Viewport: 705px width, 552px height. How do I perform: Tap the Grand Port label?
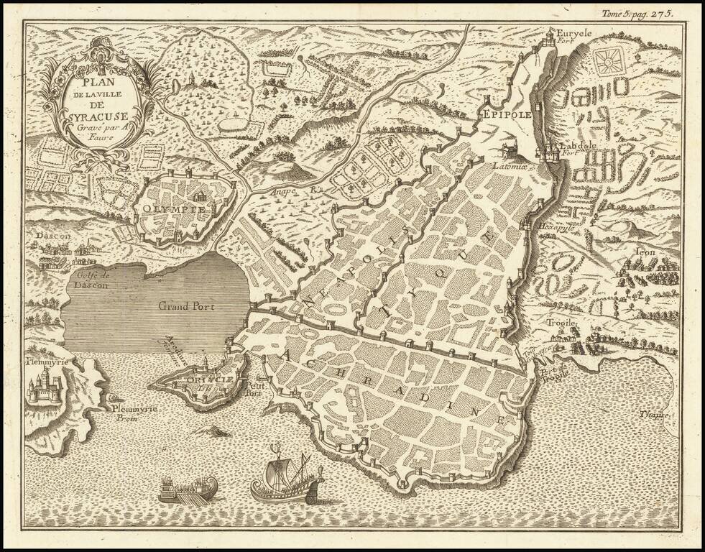click(x=188, y=305)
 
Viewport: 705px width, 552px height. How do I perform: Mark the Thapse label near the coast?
click(x=655, y=415)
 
